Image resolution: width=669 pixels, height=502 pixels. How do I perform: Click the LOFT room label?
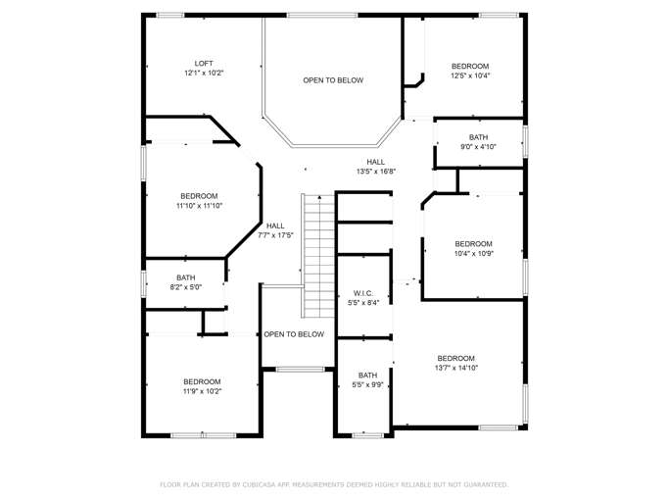point(203,64)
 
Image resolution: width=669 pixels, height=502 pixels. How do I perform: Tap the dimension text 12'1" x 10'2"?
point(203,74)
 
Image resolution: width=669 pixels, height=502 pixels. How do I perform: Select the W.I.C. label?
point(364,292)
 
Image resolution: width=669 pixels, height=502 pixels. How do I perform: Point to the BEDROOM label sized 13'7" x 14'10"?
point(455,358)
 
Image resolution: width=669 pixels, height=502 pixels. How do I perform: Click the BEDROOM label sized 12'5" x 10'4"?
point(470,66)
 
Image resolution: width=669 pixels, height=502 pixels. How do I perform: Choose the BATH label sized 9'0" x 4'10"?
point(478,137)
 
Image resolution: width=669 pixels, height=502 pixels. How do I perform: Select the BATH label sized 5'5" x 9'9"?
point(367,376)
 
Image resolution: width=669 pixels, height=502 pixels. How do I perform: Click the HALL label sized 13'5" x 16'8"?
point(376,162)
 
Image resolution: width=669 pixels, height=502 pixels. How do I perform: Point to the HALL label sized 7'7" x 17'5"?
point(275,226)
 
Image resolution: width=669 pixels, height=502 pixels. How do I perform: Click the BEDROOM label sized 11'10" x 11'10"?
point(199,196)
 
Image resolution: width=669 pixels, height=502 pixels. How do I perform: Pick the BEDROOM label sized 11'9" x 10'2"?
point(202,381)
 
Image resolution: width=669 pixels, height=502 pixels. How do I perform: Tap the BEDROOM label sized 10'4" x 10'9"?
point(473,243)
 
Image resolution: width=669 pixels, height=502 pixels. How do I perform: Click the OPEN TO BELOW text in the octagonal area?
point(333,80)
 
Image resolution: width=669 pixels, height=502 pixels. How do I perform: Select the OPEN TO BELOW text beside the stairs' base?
point(294,334)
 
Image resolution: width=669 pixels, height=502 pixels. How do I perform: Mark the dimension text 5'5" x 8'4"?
point(364,303)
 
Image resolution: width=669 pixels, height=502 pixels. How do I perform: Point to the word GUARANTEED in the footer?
point(480,484)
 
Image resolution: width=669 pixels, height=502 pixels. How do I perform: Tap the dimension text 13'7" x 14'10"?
point(455,368)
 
